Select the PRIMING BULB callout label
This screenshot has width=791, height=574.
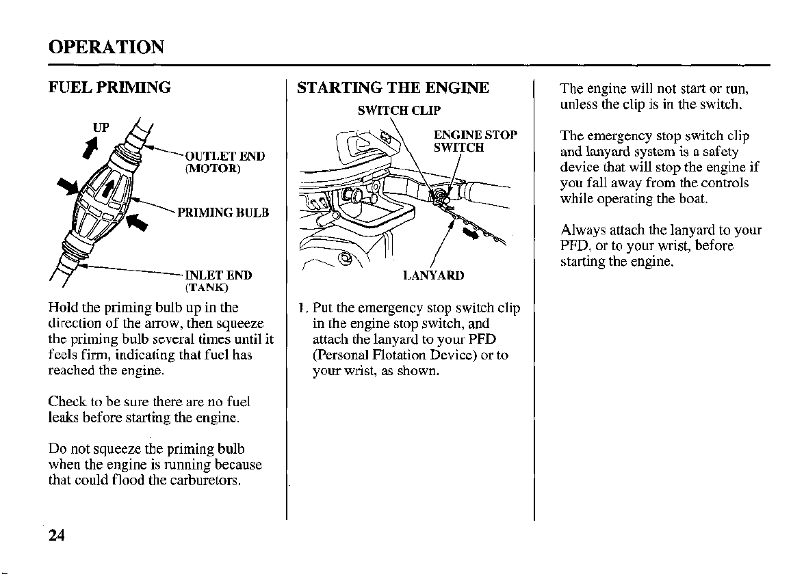click(x=222, y=213)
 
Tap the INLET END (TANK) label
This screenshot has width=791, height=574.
click(x=219, y=280)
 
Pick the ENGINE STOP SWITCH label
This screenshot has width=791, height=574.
click(x=475, y=141)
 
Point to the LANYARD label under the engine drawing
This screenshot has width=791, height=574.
click(x=433, y=275)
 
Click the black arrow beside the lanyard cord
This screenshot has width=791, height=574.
click(x=471, y=234)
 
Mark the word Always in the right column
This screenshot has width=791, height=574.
click(x=581, y=230)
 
